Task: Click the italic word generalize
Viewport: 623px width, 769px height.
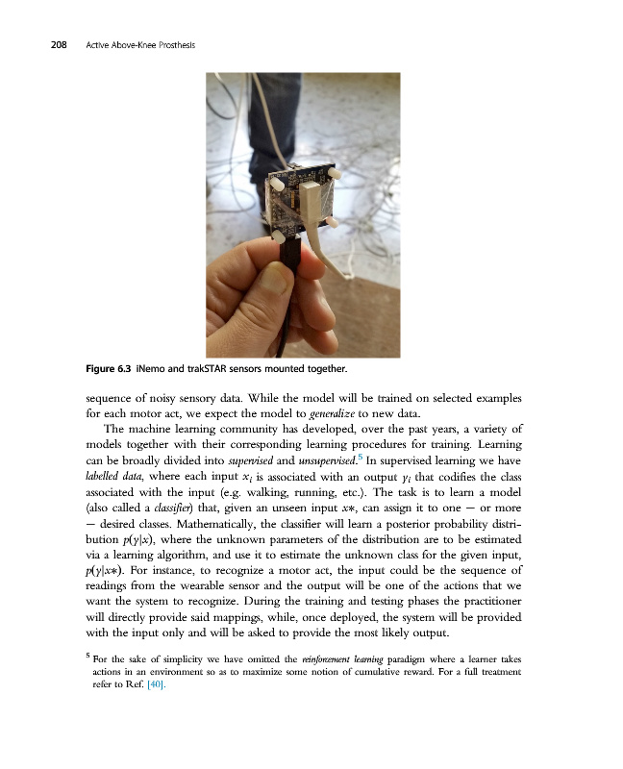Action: tap(384, 412)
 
